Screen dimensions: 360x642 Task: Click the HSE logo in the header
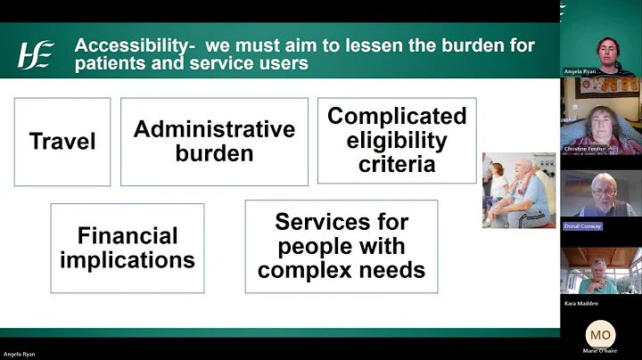click(36, 54)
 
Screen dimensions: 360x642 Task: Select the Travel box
click(62, 141)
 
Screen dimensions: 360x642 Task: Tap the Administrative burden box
click(214, 141)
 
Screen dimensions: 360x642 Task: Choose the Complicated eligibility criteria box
click(397, 141)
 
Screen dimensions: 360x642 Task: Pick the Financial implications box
click(128, 248)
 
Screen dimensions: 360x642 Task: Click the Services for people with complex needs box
click(342, 246)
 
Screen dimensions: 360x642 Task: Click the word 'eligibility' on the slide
click(397, 141)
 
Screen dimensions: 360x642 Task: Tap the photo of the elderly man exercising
click(519, 190)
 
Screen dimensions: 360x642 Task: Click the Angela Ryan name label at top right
click(580, 71)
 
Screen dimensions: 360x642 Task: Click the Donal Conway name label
click(583, 226)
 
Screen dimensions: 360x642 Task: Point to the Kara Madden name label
click(581, 304)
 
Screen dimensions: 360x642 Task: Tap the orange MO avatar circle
click(600, 334)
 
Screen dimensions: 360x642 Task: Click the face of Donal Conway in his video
click(603, 189)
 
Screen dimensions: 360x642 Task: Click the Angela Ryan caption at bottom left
click(18, 355)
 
